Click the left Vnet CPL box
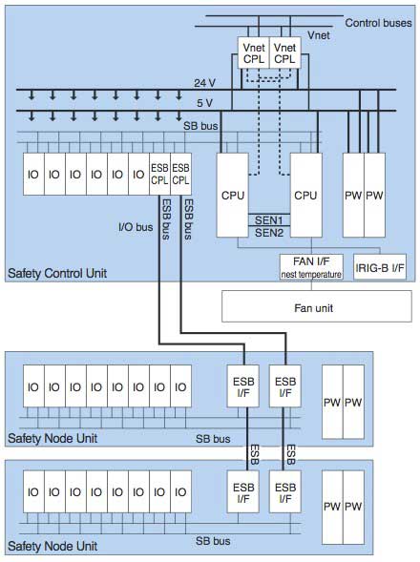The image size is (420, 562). pyautogui.click(x=254, y=52)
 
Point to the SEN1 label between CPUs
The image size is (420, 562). pyautogui.click(x=271, y=219)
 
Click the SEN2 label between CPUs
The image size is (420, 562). pyautogui.click(x=271, y=233)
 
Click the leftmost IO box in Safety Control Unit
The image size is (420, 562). pyautogui.click(x=32, y=175)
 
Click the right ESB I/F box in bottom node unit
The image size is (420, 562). pyautogui.click(x=283, y=492)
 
